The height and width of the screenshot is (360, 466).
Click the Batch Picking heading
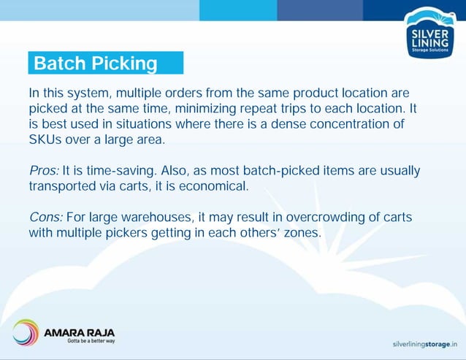96,64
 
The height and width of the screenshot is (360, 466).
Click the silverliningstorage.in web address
424,342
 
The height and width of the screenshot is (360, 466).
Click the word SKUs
45,139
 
